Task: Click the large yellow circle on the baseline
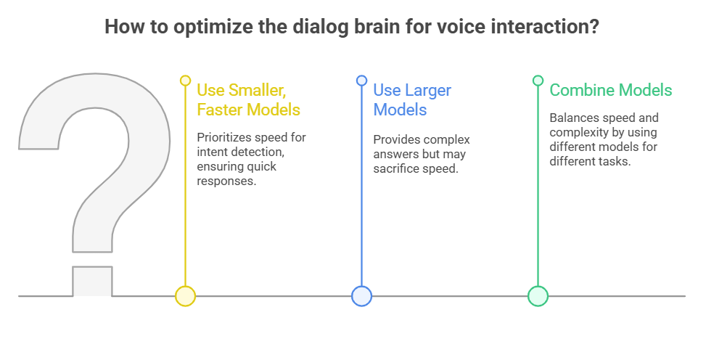click(185, 296)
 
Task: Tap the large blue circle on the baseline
click(361, 296)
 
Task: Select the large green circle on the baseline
click(538, 296)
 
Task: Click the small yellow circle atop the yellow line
click(185, 81)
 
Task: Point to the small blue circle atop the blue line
click(361, 81)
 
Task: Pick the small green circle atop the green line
click(538, 81)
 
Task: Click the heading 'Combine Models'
click(611, 90)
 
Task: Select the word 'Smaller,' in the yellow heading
click(257, 91)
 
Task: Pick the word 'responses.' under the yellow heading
click(227, 181)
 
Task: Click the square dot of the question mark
click(92, 281)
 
